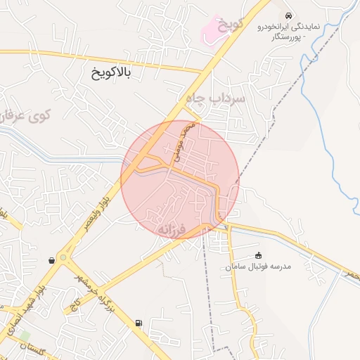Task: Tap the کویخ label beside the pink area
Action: (x=229, y=25)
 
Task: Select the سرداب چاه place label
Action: (x=215, y=98)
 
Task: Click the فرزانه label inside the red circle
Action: (x=171, y=229)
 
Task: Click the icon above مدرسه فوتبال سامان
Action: (x=259, y=255)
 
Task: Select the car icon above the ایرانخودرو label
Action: (x=288, y=14)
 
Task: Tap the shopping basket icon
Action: (x=52, y=260)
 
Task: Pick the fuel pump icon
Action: (x=138, y=323)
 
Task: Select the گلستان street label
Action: (x=34, y=349)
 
